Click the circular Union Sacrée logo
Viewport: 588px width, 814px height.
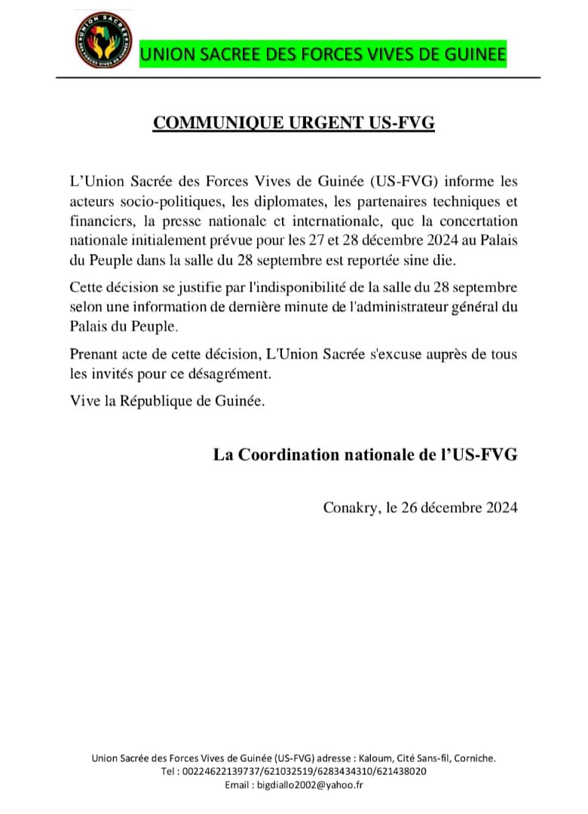103,38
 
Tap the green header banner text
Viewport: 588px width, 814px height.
323,54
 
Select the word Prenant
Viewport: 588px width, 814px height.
93,354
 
